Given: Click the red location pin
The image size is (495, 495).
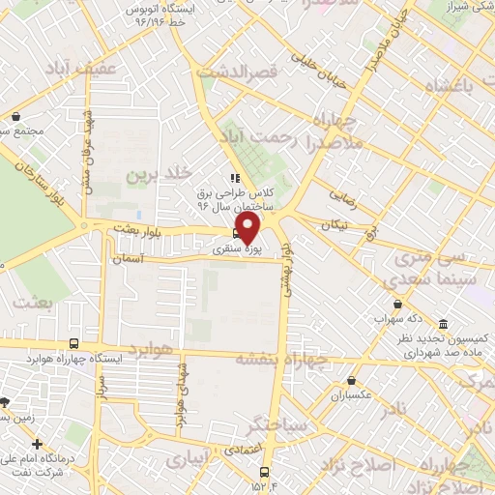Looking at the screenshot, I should (248, 227).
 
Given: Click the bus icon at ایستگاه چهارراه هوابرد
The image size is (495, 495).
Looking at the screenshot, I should (74, 342).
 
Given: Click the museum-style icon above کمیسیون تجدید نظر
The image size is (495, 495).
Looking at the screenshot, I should (443, 325).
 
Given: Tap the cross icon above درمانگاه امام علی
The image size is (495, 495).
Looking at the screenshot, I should (38, 443).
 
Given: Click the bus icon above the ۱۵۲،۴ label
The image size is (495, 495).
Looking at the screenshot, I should (264, 471).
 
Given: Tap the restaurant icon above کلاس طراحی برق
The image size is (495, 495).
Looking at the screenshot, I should (232, 178).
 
